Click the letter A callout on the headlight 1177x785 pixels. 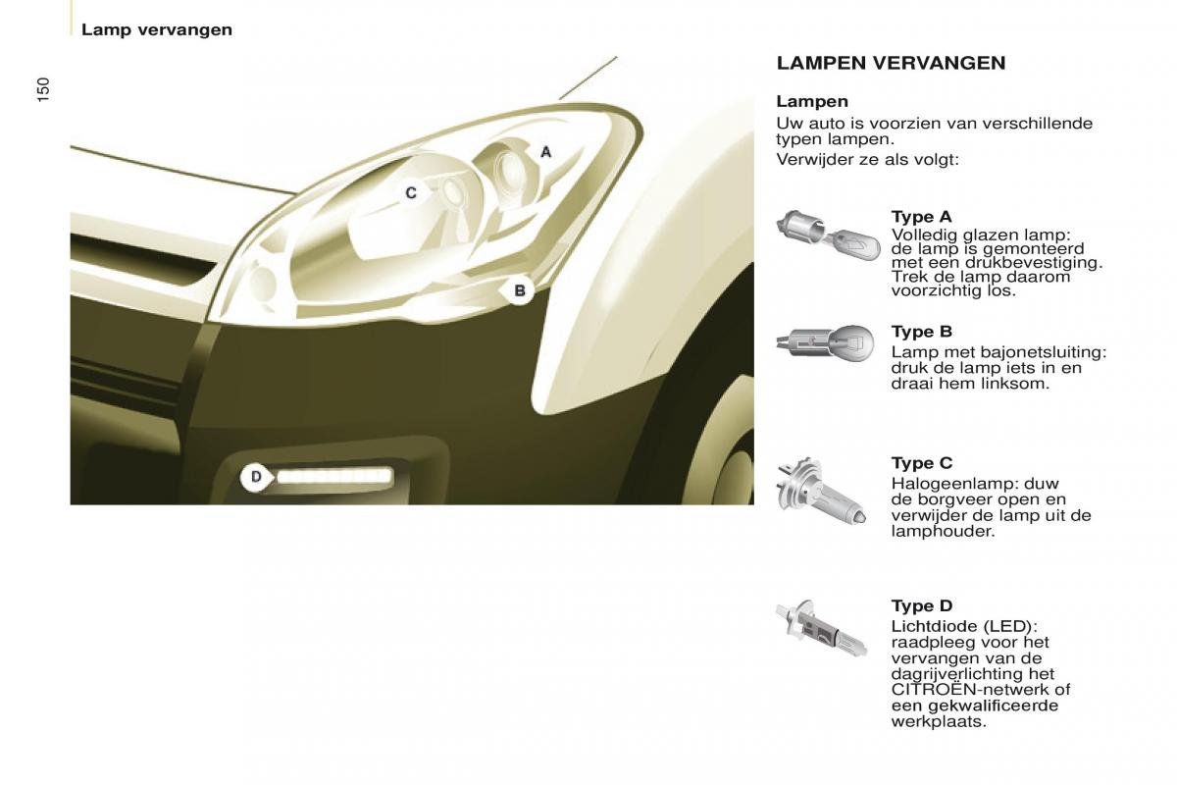(546, 152)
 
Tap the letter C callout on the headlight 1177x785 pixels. (411, 193)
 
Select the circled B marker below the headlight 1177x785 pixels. (520, 290)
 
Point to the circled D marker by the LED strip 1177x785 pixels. (256, 478)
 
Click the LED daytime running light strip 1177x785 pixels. (334, 478)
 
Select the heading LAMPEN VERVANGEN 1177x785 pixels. (891, 63)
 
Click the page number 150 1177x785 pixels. (42, 89)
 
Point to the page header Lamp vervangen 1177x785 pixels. (157, 29)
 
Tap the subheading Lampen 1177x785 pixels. (812, 101)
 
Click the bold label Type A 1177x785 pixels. (921, 217)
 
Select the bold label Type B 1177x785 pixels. (921, 332)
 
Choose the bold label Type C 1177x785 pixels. (921, 463)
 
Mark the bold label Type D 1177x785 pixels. (921, 606)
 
